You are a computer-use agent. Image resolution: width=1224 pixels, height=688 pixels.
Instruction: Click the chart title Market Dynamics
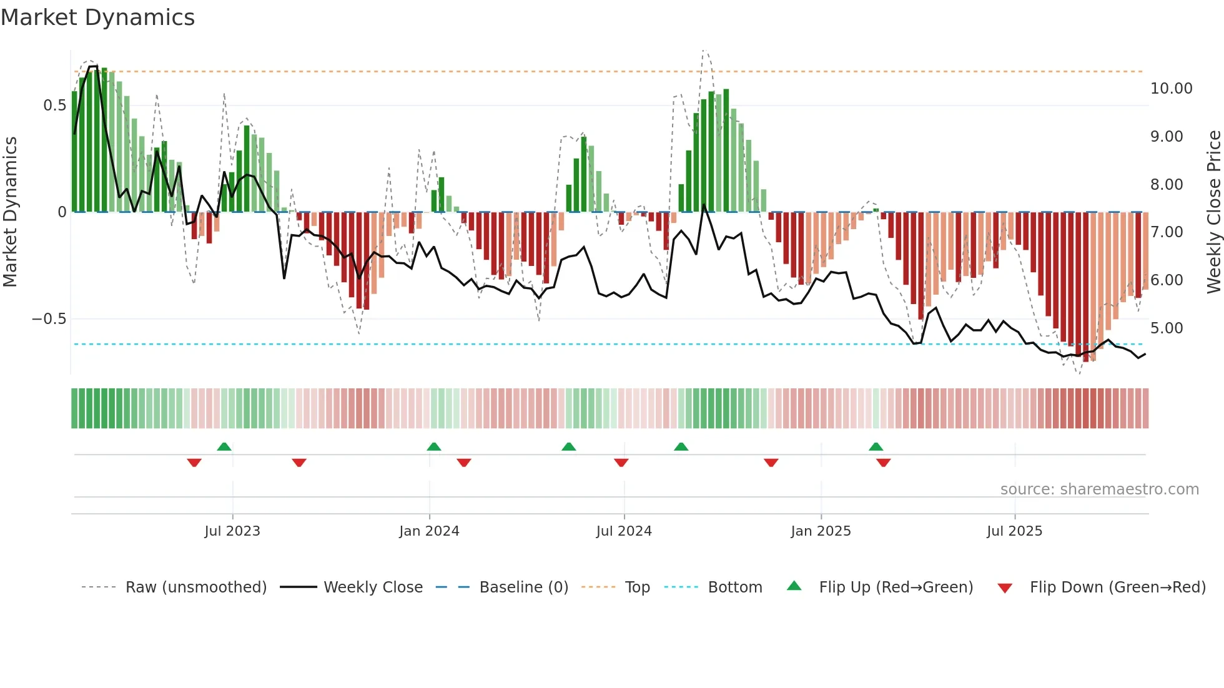tap(97, 17)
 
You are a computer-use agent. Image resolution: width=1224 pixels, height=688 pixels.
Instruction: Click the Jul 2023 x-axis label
tap(232, 531)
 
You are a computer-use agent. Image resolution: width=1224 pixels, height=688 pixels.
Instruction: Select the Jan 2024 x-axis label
tap(429, 531)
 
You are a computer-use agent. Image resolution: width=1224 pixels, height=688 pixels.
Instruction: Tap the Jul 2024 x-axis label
tap(624, 531)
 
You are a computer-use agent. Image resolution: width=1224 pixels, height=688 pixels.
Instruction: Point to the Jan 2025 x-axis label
tap(821, 531)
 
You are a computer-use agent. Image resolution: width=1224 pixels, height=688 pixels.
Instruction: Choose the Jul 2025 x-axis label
tap(1015, 531)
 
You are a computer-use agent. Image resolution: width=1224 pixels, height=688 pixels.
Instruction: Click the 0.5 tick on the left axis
tap(54, 106)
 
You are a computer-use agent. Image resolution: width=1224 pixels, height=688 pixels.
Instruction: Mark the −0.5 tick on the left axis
tap(49, 319)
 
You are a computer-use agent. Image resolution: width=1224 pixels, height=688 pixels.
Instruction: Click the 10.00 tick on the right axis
tap(1171, 89)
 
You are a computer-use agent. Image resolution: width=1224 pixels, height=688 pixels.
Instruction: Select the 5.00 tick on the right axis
tap(1167, 328)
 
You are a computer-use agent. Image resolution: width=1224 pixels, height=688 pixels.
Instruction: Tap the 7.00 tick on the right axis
tap(1167, 232)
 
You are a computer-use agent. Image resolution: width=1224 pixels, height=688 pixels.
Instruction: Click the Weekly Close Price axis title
tap(1213, 212)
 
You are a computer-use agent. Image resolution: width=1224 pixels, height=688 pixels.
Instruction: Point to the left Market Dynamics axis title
tap(10, 212)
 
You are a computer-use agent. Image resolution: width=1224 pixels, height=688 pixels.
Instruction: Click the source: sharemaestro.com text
tap(1099, 489)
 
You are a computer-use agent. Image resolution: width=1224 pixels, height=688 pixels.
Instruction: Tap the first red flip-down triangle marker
tap(194, 463)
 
